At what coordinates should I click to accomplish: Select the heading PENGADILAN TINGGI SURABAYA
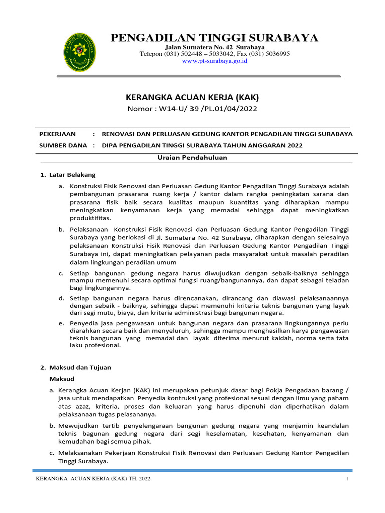coord(214,38)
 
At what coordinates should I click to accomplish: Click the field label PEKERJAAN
coord(58,134)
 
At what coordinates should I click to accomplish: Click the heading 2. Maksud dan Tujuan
coord(76,367)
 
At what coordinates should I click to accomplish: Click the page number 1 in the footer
coord(347,479)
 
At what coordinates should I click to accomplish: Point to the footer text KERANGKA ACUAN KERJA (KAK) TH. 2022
coord(94,479)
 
